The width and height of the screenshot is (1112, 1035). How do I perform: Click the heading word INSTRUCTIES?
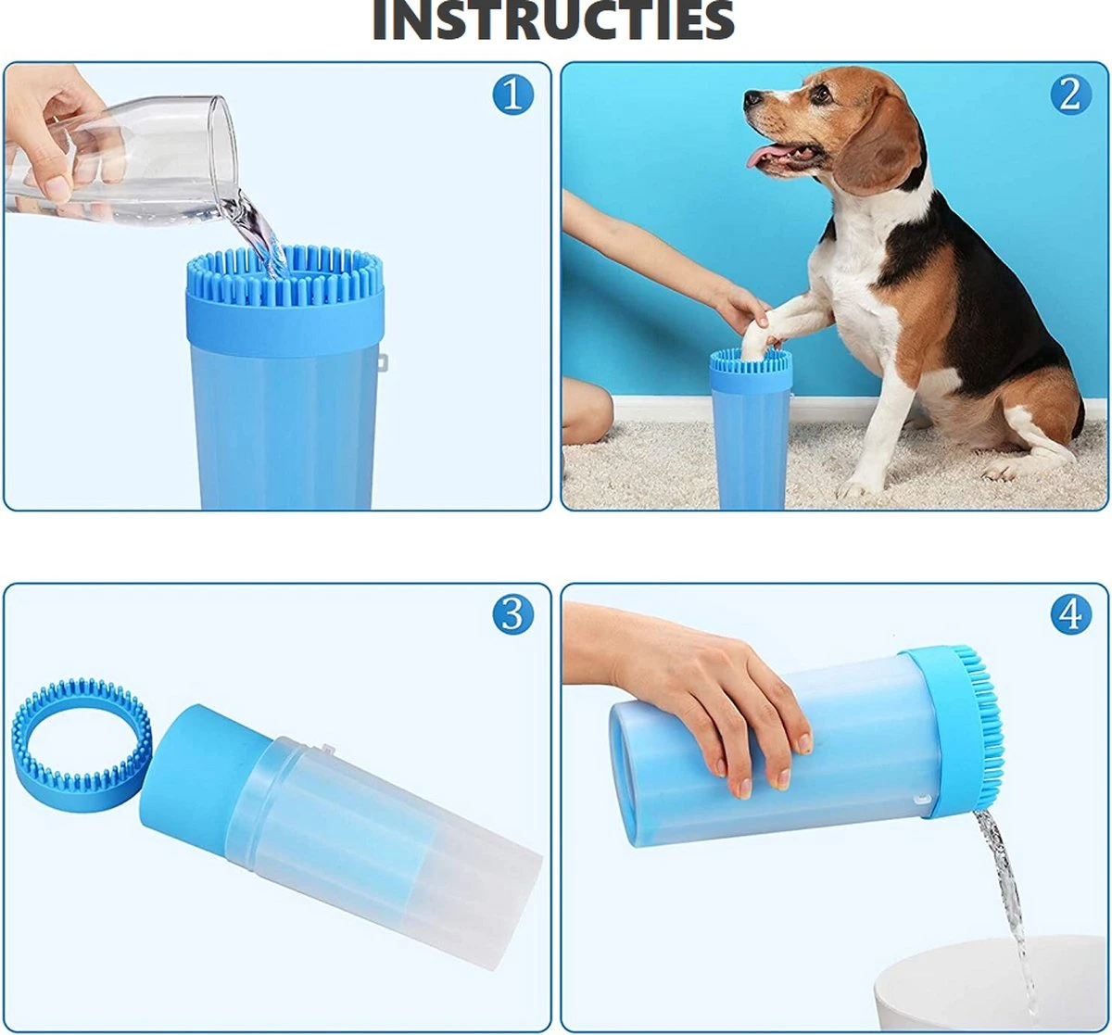point(553,20)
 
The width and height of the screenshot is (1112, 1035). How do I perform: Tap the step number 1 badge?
point(512,95)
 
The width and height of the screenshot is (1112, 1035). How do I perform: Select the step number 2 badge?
point(1069,95)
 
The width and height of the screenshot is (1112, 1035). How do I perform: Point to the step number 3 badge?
point(512,614)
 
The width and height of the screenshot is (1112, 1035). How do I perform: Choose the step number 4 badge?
point(1069,614)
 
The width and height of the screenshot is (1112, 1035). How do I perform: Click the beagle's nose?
point(752,97)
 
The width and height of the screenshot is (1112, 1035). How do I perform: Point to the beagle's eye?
point(819,93)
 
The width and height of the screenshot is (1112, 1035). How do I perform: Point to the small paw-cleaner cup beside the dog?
point(750,431)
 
